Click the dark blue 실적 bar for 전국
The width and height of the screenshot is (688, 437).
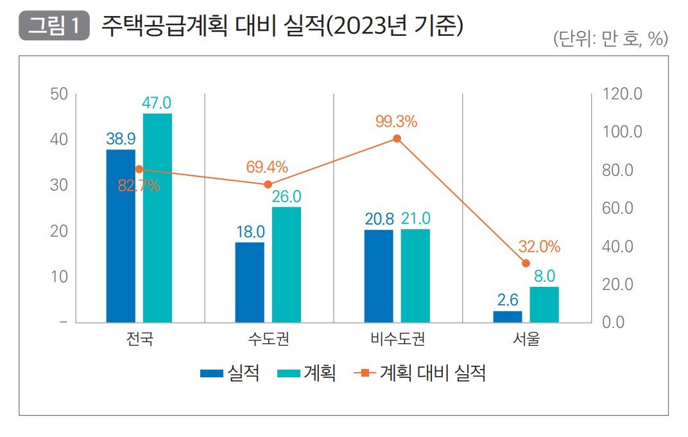pyautogui.click(x=121, y=236)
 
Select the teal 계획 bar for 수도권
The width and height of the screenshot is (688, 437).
pyautogui.click(x=286, y=264)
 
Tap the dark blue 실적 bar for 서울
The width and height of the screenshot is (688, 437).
pyautogui.click(x=508, y=316)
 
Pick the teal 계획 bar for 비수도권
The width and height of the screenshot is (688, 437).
pyautogui.click(x=415, y=275)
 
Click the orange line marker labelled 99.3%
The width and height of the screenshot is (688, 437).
pyautogui.click(x=397, y=139)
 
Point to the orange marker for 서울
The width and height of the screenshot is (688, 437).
pyautogui.click(x=526, y=263)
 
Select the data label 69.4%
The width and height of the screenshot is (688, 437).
pyautogui.click(x=267, y=168)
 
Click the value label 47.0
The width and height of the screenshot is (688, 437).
pyautogui.click(x=157, y=103)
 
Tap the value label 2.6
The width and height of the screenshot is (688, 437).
pyautogui.click(x=508, y=300)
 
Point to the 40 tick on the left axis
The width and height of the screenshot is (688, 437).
pyautogui.click(x=59, y=139)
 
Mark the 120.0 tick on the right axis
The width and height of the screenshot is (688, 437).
pyautogui.click(x=622, y=94)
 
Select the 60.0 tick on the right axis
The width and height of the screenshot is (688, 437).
pyautogui.click(x=622, y=208)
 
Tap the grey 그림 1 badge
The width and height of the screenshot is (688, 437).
pyautogui.click(x=54, y=27)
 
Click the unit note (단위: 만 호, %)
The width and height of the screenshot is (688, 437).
pyautogui.click(x=610, y=39)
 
